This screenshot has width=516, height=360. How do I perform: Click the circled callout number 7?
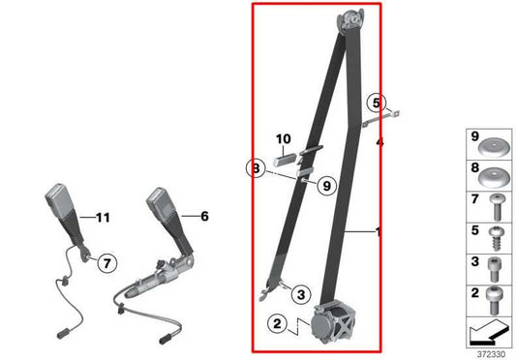(x=106, y=260)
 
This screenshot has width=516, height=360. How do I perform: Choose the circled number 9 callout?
(x=325, y=185)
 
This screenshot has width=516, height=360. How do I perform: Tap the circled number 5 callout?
(x=377, y=102)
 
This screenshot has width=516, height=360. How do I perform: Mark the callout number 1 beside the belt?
(x=378, y=232)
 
